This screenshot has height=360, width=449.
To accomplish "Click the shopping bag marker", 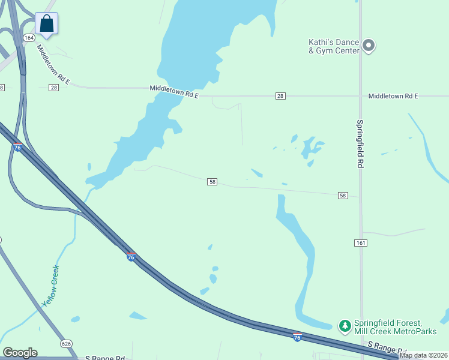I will [x=47, y=24].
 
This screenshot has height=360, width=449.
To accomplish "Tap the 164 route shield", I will [x=29, y=38].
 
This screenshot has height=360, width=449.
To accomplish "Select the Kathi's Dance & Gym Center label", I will [x=333, y=46].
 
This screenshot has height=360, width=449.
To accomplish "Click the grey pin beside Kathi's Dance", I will [x=369, y=45].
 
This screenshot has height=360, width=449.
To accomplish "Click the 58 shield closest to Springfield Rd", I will [x=343, y=196].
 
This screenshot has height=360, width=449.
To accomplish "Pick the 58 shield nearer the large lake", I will [x=212, y=182].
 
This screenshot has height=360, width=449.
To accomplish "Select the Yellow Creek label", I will [x=51, y=286].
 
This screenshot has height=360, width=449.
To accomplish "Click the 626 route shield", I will [x=66, y=344].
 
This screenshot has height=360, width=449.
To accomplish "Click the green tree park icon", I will [x=345, y=326].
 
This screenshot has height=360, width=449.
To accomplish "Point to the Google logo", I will [x=20, y=353].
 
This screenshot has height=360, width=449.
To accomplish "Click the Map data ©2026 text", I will [x=423, y=355].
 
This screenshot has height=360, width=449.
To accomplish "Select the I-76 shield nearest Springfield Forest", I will [x=297, y=338].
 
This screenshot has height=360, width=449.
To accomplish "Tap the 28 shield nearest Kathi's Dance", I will [x=280, y=96].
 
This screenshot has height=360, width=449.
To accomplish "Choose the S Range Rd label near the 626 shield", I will [x=105, y=358].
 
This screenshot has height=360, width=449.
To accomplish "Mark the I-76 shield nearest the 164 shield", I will [x=17, y=147].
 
